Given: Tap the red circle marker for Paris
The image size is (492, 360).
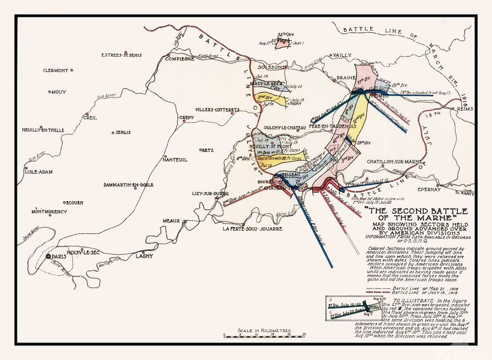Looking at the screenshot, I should tap(48, 256).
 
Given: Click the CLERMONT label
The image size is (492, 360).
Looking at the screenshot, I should tap(56, 70).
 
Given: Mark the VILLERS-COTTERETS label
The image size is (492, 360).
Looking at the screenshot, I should tap(217, 110).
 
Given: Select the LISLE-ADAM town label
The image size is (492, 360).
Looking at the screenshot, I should tap(38, 172).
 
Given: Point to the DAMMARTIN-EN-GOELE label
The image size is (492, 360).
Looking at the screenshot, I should tap(128, 185).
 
